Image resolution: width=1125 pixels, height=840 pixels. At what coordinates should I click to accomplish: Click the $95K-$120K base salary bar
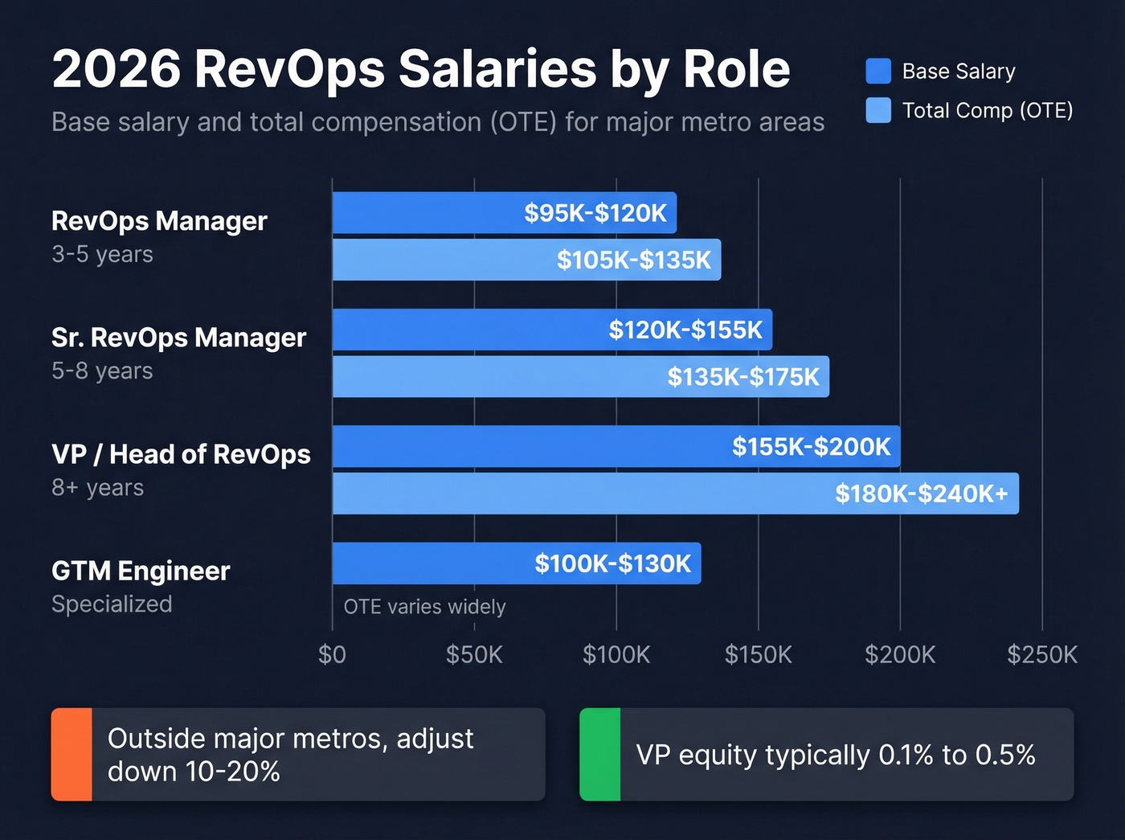504,213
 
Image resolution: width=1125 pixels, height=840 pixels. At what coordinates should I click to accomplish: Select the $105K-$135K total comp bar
526,260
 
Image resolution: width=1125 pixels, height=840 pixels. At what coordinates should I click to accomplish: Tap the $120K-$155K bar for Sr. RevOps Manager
552,330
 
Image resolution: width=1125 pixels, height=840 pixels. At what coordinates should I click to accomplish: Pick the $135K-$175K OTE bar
580,376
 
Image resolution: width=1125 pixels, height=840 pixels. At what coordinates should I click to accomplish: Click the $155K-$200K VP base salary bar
616,446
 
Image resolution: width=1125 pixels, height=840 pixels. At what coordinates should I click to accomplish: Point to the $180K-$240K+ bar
675,493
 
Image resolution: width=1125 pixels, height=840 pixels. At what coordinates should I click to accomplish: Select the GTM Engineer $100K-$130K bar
516,563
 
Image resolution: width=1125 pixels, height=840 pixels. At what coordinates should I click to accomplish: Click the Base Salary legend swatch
878,72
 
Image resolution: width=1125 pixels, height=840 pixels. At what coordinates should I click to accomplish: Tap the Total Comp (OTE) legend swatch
878,110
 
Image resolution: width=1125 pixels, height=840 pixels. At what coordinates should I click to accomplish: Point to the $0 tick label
332,655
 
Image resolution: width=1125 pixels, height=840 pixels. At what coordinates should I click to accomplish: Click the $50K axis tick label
474,655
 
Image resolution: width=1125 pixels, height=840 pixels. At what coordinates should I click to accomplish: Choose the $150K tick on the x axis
758,655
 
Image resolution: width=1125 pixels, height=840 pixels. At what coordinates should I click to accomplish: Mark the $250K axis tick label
1042,655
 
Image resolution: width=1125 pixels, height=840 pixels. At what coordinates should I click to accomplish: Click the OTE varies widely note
424,607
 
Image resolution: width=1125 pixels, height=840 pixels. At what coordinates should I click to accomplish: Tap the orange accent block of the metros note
72,754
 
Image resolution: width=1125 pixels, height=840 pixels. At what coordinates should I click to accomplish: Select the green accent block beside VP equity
600,754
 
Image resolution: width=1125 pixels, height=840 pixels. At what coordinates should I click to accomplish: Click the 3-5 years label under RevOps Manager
102,254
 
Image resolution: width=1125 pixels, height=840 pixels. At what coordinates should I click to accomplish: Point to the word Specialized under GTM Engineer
112,604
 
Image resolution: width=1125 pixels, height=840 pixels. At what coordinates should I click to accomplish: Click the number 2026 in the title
117,69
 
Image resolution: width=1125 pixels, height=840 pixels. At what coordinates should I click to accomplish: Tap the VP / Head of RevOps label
181,454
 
